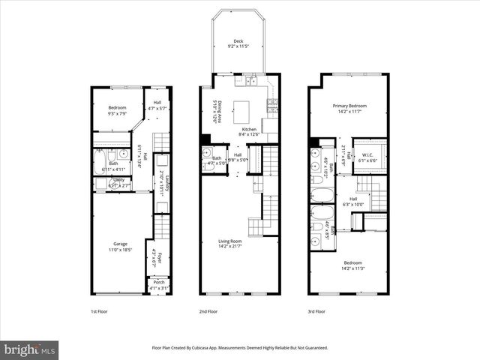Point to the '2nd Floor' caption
(208, 310)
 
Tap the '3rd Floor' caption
(316, 310)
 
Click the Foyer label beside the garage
(157, 258)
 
